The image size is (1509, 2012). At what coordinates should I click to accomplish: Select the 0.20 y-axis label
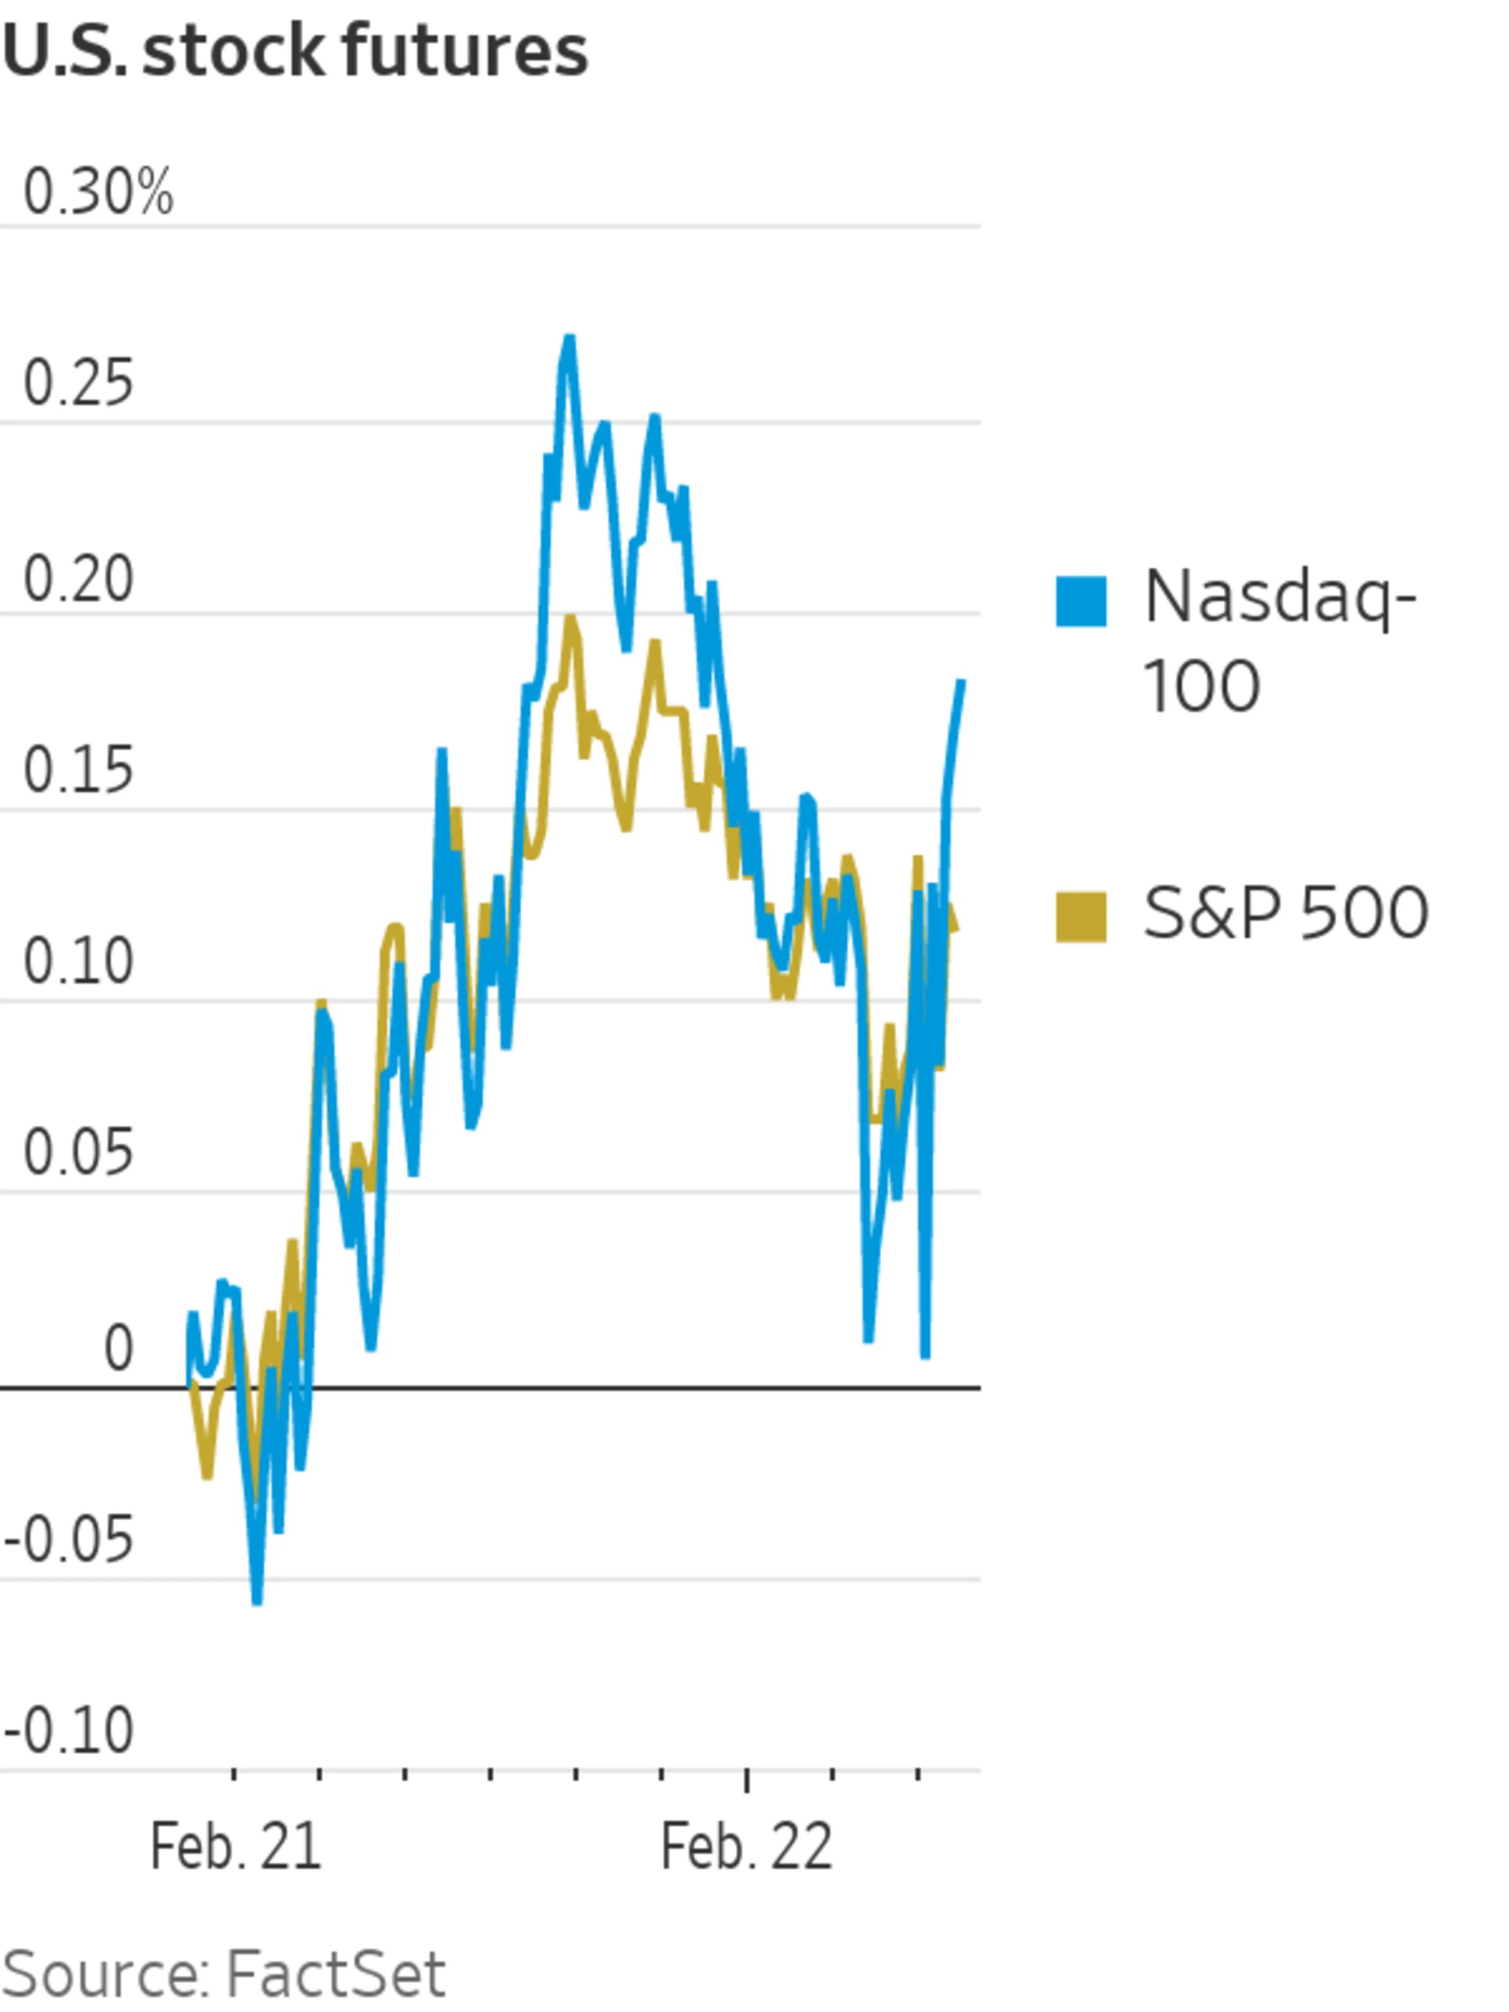pyautogui.click(x=78, y=579)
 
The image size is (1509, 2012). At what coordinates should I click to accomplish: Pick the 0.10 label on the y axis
pyautogui.click(x=78, y=961)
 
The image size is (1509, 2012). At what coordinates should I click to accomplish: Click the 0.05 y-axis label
pyautogui.click(x=78, y=1152)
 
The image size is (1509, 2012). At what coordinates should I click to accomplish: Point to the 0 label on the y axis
pyautogui.click(x=118, y=1348)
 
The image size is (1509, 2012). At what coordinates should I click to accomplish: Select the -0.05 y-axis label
pyautogui.click(x=69, y=1541)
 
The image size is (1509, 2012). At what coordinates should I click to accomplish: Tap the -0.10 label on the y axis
pyautogui.click(x=69, y=1731)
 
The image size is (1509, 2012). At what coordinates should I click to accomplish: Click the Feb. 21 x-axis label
pyautogui.click(x=236, y=1848)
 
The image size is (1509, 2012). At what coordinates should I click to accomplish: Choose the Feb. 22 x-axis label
pyautogui.click(x=746, y=1848)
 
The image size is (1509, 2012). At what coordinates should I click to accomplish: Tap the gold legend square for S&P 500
pyautogui.click(x=1080, y=916)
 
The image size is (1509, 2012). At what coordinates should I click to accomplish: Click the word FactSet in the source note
pyautogui.click(x=335, y=1974)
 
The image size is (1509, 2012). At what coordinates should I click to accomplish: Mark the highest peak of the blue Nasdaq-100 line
pyautogui.click(x=569, y=340)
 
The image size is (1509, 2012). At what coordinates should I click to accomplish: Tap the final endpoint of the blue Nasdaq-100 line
pyautogui.click(x=961, y=681)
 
